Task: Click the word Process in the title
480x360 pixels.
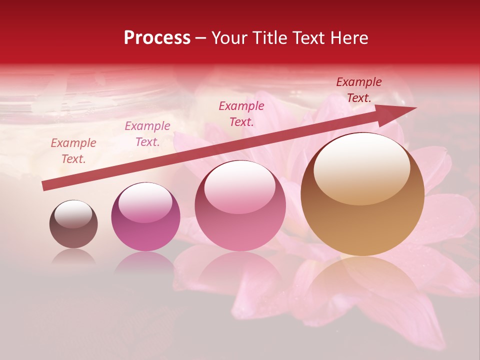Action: pyautogui.click(x=157, y=38)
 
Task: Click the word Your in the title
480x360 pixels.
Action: pyautogui.click(x=229, y=38)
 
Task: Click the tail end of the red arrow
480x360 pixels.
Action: pyautogui.click(x=44, y=186)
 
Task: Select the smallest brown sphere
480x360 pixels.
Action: pyautogui.click(x=73, y=224)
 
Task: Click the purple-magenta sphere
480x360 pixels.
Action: pyautogui.click(x=145, y=217)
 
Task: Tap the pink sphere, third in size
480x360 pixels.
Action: pyautogui.click(x=240, y=205)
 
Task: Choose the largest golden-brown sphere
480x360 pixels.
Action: pyautogui.click(x=362, y=194)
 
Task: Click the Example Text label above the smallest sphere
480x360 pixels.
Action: pyautogui.click(x=73, y=151)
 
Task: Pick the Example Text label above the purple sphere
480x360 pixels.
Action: pyautogui.click(x=147, y=134)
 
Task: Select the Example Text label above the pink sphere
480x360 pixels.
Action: pyautogui.click(x=241, y=114)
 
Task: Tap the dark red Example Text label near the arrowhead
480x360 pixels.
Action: pyautogui.click(x=358, y=90)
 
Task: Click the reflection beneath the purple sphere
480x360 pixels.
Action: pyautogui.click(x=145, y=262)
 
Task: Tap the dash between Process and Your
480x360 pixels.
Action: pyautogui.click(x=201, y=38)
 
